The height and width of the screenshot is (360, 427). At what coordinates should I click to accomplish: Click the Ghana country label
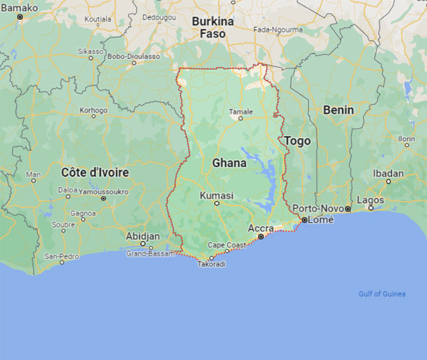229,163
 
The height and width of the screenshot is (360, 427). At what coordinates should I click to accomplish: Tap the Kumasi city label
216,195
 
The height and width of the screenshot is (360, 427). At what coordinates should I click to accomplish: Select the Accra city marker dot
260,236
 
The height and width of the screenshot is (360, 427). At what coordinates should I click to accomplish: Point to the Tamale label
241,112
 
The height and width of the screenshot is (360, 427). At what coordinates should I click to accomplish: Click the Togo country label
297,141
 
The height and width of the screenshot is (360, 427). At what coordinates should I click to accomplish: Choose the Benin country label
337,110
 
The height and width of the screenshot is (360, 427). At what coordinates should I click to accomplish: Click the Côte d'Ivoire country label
95,172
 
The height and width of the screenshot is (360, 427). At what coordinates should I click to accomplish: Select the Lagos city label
370,200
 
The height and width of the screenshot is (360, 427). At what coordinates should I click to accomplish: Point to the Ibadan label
388,173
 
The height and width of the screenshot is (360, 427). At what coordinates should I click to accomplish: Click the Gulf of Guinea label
381,294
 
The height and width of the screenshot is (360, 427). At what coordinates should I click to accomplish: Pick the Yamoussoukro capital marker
103,198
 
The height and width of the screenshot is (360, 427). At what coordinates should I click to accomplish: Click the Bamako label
19,7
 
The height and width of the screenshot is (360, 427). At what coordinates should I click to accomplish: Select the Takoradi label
211,264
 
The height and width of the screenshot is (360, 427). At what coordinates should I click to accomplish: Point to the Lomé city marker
304,221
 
